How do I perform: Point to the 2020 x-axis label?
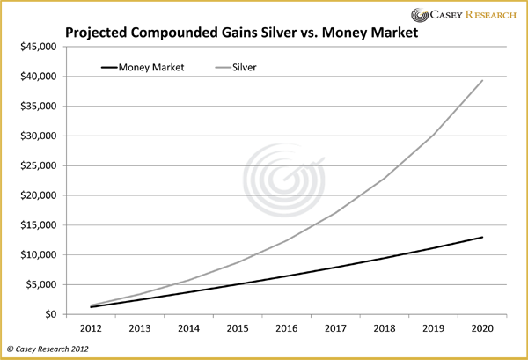click(x=482, y=327)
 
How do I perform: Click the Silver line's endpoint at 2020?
click(x=482, y=81)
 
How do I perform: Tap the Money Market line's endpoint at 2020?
click(x=482, y=237)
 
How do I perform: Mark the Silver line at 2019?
click(x=432, y=136)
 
